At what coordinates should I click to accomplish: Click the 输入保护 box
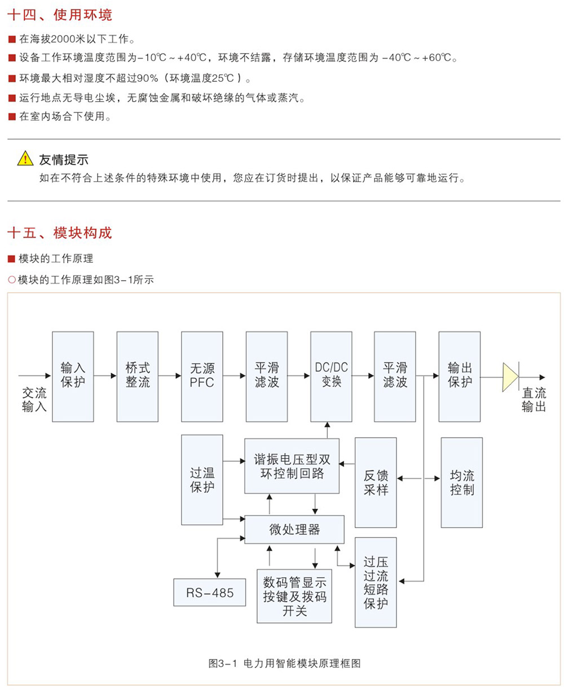point(73,376)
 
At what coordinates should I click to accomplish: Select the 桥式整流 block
point(138,376)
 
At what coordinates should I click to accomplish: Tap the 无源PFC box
point(202,376)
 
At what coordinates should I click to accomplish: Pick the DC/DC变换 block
point(331,376)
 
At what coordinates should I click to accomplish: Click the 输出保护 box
point(460,376)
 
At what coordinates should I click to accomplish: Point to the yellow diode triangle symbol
point(510,377)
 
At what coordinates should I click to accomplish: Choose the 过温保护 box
point(202,479)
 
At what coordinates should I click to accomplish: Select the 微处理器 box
point(294,529)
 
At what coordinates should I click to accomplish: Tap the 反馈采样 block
point(376,482)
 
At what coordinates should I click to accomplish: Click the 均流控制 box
point(462,482)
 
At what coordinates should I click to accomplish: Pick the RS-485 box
point(209,592)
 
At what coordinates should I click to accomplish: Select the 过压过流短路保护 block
point(376,582)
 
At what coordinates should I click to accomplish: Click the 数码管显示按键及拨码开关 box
point(294,596)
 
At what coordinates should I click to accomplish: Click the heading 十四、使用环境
point(60,15)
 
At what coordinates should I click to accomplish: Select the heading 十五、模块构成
point(60,232)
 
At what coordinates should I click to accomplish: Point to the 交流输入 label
point(34,399)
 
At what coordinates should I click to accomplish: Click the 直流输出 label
point(534,399)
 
